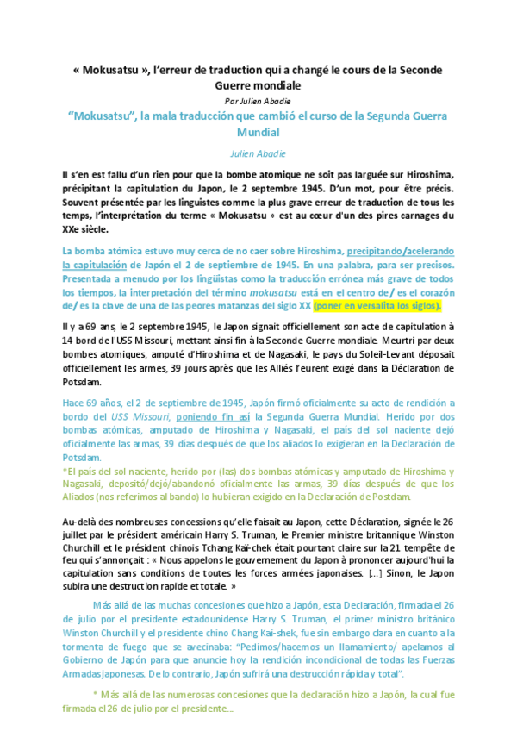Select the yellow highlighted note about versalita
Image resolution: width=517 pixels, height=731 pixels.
(377, 304)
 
